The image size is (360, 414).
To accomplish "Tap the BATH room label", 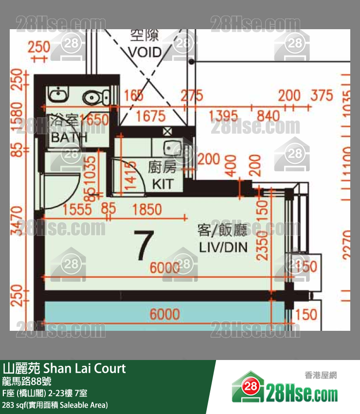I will coord(69,137).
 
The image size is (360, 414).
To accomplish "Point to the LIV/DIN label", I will coord(223,247).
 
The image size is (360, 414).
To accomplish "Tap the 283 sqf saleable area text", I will coord(55,405).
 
